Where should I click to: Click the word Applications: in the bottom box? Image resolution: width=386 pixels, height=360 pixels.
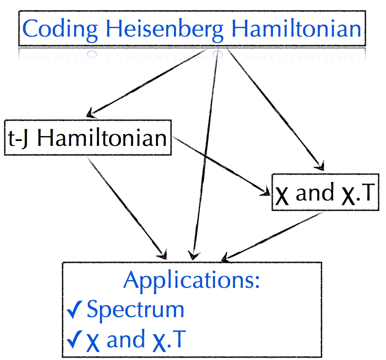tap(191, 280)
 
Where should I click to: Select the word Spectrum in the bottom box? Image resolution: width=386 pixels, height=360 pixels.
tap(135, 310)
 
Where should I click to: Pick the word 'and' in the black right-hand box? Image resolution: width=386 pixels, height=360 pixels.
tap(314, 194)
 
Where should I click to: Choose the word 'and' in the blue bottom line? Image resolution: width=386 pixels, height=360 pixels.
tap(126, 340)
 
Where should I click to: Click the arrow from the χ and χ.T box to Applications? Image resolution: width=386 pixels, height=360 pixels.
tap(273, 234)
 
